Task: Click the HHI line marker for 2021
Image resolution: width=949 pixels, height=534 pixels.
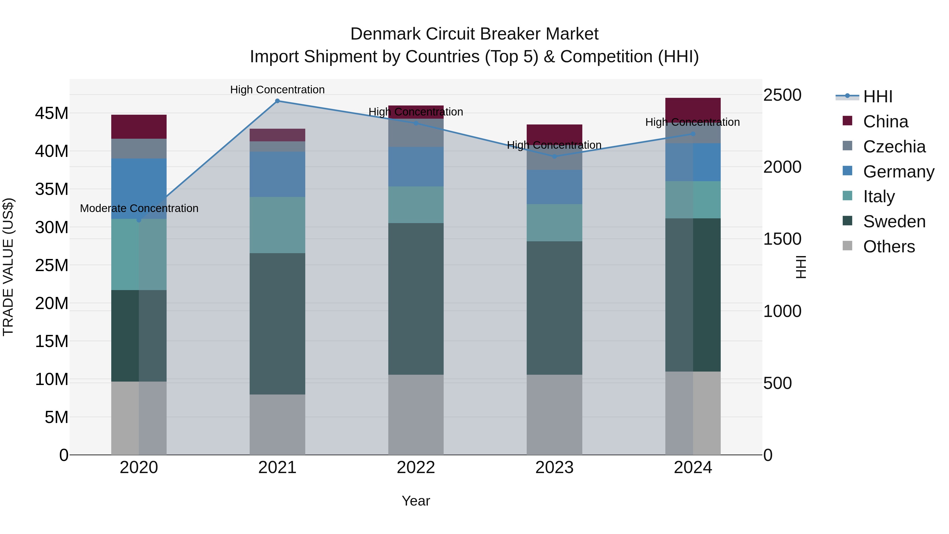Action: (x=277, y=101)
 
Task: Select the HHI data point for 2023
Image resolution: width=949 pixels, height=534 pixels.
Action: (x=554, y=157)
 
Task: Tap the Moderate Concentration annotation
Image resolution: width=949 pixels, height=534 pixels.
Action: (x=139, y=208)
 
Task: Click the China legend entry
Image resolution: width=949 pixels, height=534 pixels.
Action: (x=885, y=122)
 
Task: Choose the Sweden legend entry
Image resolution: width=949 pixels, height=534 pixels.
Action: (x=894, y=222)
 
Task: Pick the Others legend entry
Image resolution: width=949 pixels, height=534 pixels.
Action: (x=889, y=247)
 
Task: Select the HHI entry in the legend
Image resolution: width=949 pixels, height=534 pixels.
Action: (x=878, y=97)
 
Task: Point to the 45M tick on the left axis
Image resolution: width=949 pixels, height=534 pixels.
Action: (x=52, y=113)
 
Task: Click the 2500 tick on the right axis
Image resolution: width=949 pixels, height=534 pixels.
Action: (x=782, y=95)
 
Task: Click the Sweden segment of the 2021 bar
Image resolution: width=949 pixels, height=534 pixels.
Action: (x=277, y=324)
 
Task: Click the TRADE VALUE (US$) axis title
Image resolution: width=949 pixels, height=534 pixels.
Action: (x=8, y=267)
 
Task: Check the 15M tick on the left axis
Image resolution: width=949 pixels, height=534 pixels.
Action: (x=52, y=341)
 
